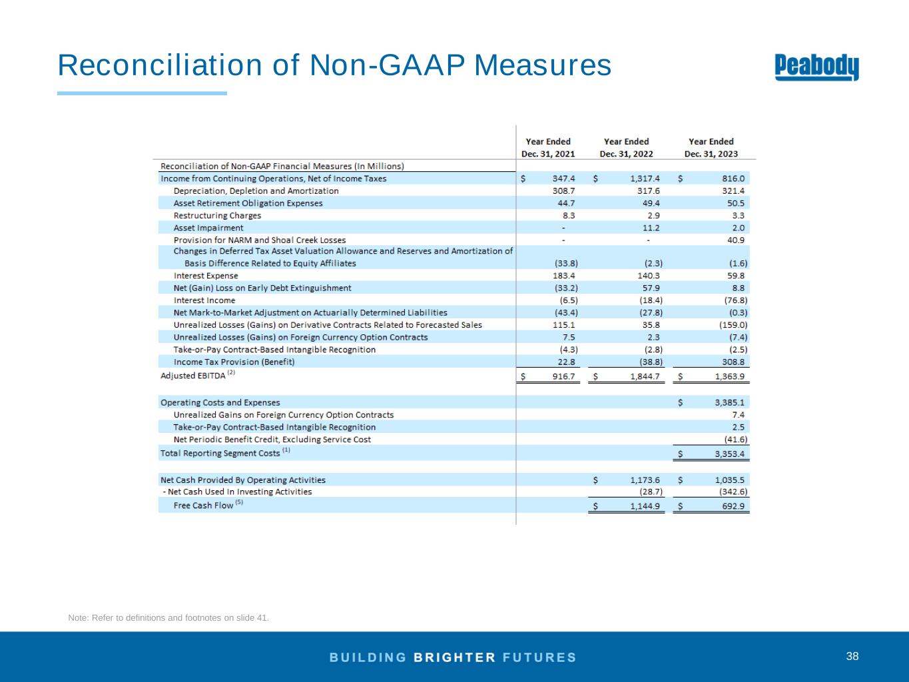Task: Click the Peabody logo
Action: (x=817, y=67)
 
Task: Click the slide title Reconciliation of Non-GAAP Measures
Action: (x=334, y=65)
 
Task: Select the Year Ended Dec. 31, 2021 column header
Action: (x=547, y=147)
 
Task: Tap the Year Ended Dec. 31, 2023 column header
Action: (x=711, y=147)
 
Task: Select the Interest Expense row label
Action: (x=205, y=276)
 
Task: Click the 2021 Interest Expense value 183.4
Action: (x=564, y=276)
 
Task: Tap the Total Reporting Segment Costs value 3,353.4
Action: (x=729, y=454)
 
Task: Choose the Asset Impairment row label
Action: (x=208, y=228)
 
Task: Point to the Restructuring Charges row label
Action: (x=217, y=216)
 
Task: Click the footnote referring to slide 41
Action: (x=168, y=618)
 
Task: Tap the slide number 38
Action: (x=852, y=657)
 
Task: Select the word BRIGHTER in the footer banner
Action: (x=455, y=657)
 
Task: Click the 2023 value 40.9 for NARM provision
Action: (x=737, y=240)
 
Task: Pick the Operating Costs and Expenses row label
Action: (x=220, y=402)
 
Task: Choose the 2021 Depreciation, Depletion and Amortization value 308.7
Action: (x=564, y=191)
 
